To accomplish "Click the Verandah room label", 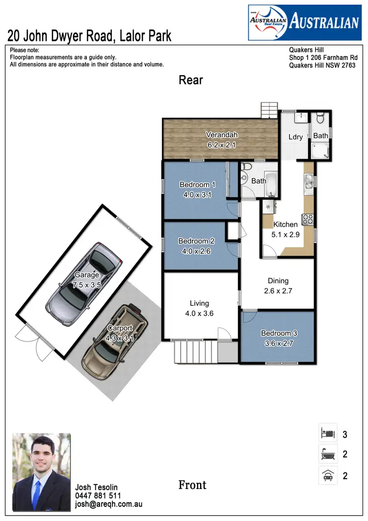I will click(x=222, y=135).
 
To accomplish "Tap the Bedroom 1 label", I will click(x=197, y=184).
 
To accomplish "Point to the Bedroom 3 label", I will click(x=279, y=333).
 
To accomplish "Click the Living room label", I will click(x=199, y=303).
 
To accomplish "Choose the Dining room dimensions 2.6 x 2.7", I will click(x=278, y=290).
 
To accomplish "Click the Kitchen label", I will click(x=285, y=224).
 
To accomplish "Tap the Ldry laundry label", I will click(x=295, y=137).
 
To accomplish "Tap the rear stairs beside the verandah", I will click(x=269, y=110).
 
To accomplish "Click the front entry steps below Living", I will click(x=195, y=352).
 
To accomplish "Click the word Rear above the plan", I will click(x=190, y=80).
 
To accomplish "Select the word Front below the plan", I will click(x=192, y=485).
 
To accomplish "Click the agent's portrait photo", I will click(x=41, y=471).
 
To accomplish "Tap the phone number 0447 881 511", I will click(x=98, y=496).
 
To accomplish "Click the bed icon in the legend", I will click(x=328, y=434).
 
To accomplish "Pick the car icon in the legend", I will click(x=328, y=475).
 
